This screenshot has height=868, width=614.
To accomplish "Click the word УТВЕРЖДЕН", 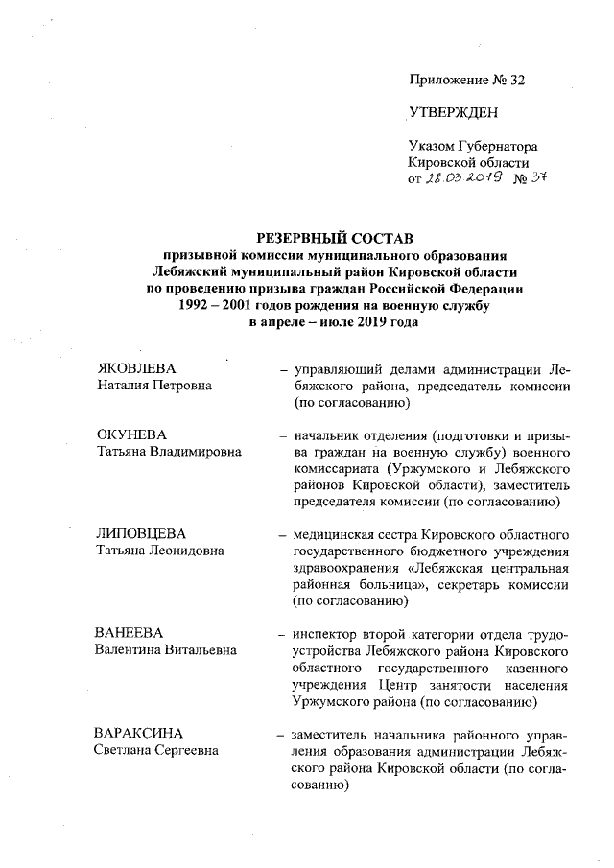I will pyautogui.click(x=453, y=114).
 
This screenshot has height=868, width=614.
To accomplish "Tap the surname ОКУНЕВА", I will pyautogui.click(x=133, y=435).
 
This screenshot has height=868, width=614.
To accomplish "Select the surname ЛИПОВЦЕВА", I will pyautogui.click(x=141, y=534).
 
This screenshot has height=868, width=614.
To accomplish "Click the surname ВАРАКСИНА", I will pyautogui.click(x=143, y=734).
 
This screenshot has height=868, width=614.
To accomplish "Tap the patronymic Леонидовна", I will pyautogui.click(x=189, y=551).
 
